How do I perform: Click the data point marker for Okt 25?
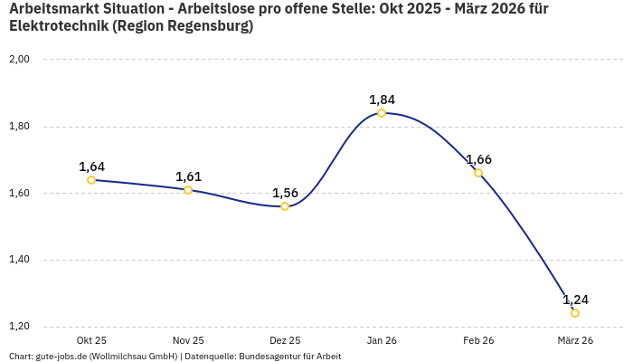coord(91,180)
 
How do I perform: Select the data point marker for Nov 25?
coord(188,190)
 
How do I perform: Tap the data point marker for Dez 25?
coord(285,206)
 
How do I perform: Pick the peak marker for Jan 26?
coord(382,113)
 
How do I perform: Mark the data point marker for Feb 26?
coord(478,173)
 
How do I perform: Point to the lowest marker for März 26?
coord(575,313)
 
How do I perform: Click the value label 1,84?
coord(382,100)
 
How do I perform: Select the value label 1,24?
coord(575,300)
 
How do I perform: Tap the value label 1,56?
coord(285,193)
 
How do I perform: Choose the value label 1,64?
coord(91,167)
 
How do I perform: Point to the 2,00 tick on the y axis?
coord(19,60)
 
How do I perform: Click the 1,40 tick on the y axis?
coord(19,260)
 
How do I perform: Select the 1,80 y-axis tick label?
coord(19,127)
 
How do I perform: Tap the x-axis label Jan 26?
coord(382,340)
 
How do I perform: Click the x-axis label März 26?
coord(575,340)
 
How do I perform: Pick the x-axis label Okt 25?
coord(91,340)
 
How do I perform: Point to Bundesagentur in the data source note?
coord(269,357)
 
